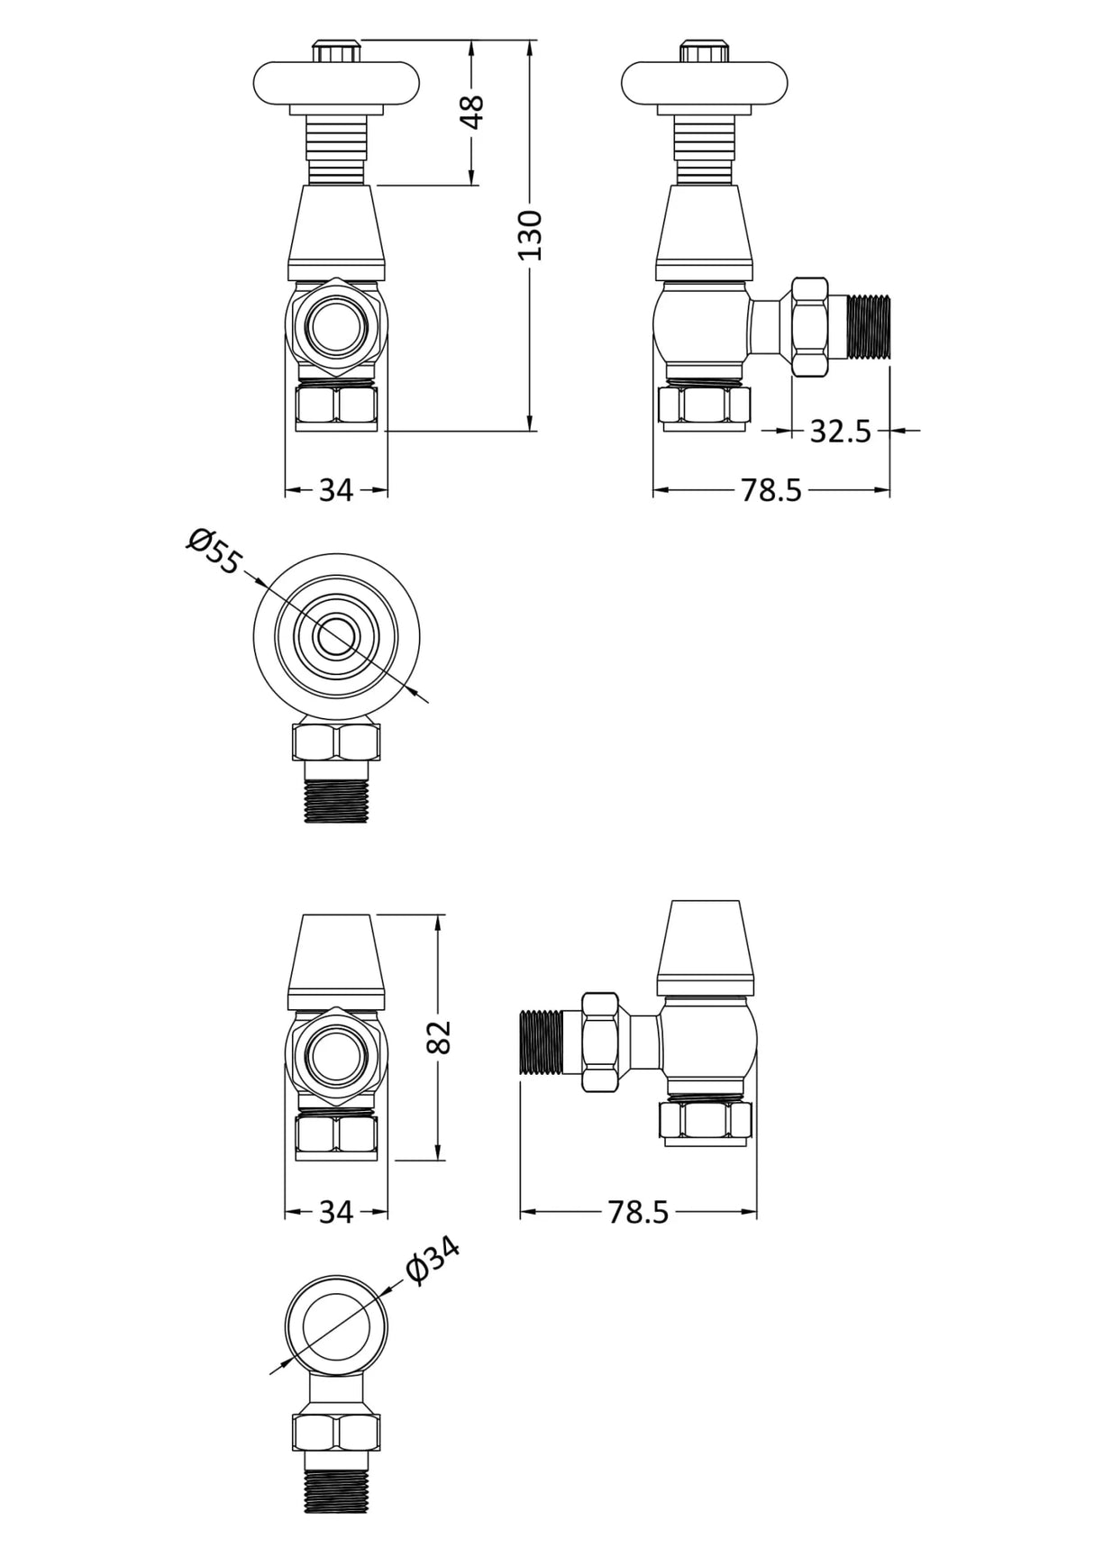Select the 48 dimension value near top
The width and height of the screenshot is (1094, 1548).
pos(472,113)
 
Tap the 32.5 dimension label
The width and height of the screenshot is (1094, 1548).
pos(840,432)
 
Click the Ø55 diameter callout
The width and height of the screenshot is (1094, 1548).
pos(214,551)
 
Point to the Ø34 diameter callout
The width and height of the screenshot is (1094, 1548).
pos(433,1260)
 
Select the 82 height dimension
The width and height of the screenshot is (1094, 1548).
pos(438,1036)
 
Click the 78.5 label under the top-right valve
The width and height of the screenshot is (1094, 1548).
pos(770,490)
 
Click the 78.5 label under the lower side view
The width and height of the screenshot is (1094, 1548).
pos(638,1213)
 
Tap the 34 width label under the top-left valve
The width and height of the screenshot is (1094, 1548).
pos(335,490)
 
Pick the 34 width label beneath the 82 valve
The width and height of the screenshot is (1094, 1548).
pos(335,1213)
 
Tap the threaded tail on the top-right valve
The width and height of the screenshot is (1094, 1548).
pos(868,326)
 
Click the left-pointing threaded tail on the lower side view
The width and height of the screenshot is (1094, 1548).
pos(541,1042)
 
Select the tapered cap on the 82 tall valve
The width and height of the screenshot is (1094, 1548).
pos(336,960)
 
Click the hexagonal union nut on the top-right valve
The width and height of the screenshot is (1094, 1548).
pos(809,326)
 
